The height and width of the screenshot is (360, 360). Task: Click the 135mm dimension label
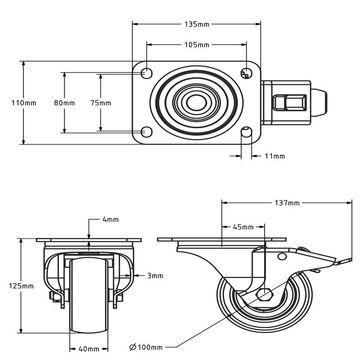tap(197, 24)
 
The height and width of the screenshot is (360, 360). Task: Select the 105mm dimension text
tap(197, 45)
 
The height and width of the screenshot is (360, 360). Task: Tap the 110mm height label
tap(23, 103)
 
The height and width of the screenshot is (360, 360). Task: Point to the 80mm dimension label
tap(64, 103)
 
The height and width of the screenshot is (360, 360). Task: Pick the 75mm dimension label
tap(100, 103)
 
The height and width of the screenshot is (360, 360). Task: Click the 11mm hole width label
tap(274, 157)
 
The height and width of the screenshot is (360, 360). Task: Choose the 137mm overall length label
tap(287, 203)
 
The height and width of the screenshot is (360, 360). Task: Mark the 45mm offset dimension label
tap(243, 227)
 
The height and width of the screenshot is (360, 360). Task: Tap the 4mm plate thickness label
tap(111, 220)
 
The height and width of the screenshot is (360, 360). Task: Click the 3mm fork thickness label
tap(155, 275)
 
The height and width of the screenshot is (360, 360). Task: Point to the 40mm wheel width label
tap(89, 349)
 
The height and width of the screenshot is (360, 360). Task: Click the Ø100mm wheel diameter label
tap(146, 347)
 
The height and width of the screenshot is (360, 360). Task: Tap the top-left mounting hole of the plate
tap(146, 72)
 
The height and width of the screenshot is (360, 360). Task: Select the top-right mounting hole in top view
tap(246, 72)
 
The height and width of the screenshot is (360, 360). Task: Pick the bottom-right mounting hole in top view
tap(246, 132)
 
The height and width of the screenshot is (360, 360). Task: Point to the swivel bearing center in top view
tap(196, 103)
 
